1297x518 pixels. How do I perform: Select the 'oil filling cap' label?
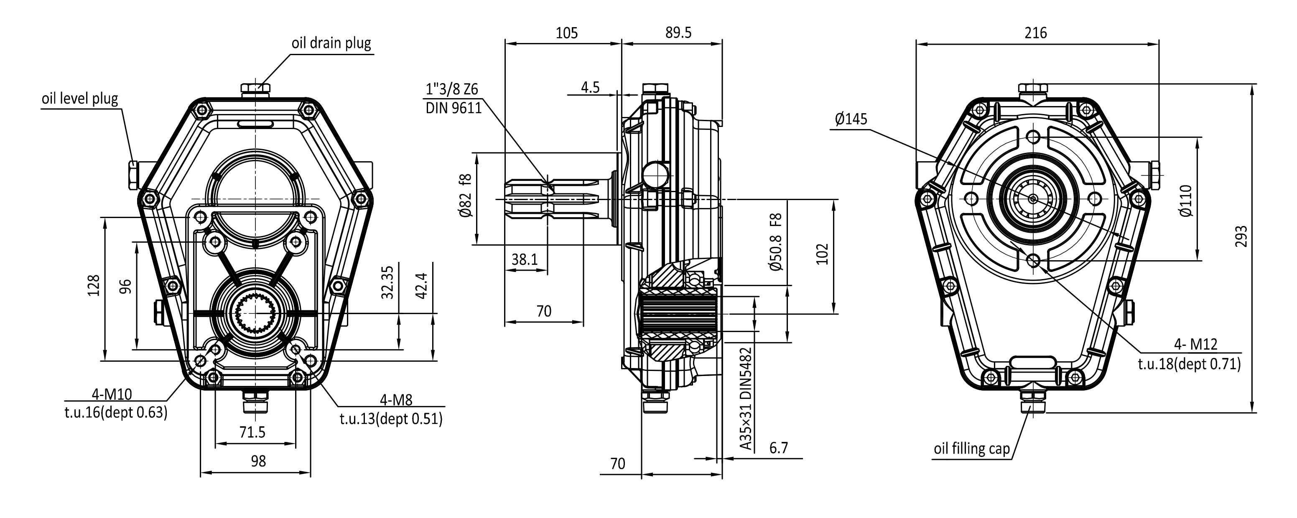coord(971,449)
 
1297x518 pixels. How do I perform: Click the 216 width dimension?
coord(1036,33)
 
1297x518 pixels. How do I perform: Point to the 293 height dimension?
coord(1241,236)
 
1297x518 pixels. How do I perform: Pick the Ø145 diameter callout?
coord(851,119)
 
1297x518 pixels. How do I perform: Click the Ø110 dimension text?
coord(1186,201)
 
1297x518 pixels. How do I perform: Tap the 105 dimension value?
coord(566,33)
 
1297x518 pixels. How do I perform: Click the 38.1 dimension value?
coord(525,260)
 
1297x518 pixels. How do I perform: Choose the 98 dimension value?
coord(258,461)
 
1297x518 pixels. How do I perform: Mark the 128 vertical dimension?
coord(94,285)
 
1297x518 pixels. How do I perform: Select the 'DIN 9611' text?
coord(454,108)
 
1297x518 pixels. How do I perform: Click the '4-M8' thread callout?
coord(396,400)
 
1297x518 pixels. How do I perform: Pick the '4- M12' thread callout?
coord(1195,344)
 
